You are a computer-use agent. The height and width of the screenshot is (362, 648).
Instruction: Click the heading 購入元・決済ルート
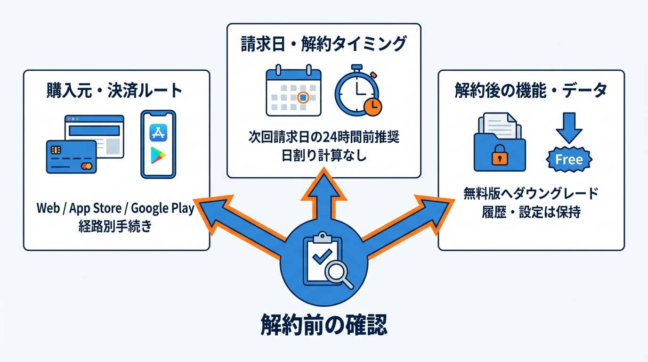pos(114,90)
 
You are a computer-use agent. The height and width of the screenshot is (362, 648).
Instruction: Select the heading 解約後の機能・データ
pos(531,91)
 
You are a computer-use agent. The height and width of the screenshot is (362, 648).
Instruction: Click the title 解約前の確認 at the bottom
pos(324,326)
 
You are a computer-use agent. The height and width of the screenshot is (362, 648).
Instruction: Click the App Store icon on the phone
pos(158,132)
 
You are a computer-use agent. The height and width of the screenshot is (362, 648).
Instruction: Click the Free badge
pos(569,159)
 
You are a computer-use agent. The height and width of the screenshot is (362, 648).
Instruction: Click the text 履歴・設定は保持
pos(531,213)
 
